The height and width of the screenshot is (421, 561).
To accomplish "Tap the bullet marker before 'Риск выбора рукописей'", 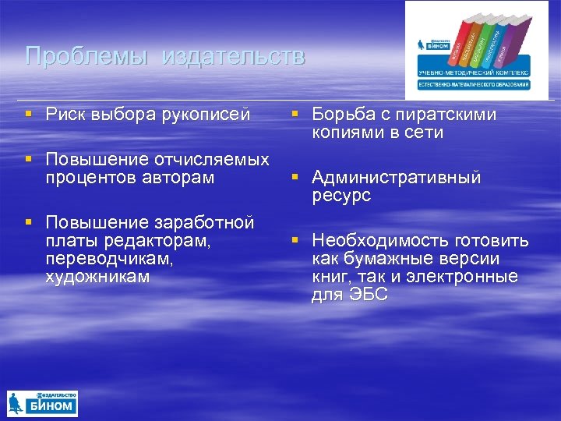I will (x=29, y=115).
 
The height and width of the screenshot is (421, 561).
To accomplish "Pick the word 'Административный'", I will (x=397, y=178).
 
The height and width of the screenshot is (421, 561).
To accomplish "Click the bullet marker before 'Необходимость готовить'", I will (x=296, y=241).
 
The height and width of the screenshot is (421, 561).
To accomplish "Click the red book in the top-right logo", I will (x=459, y=42).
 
